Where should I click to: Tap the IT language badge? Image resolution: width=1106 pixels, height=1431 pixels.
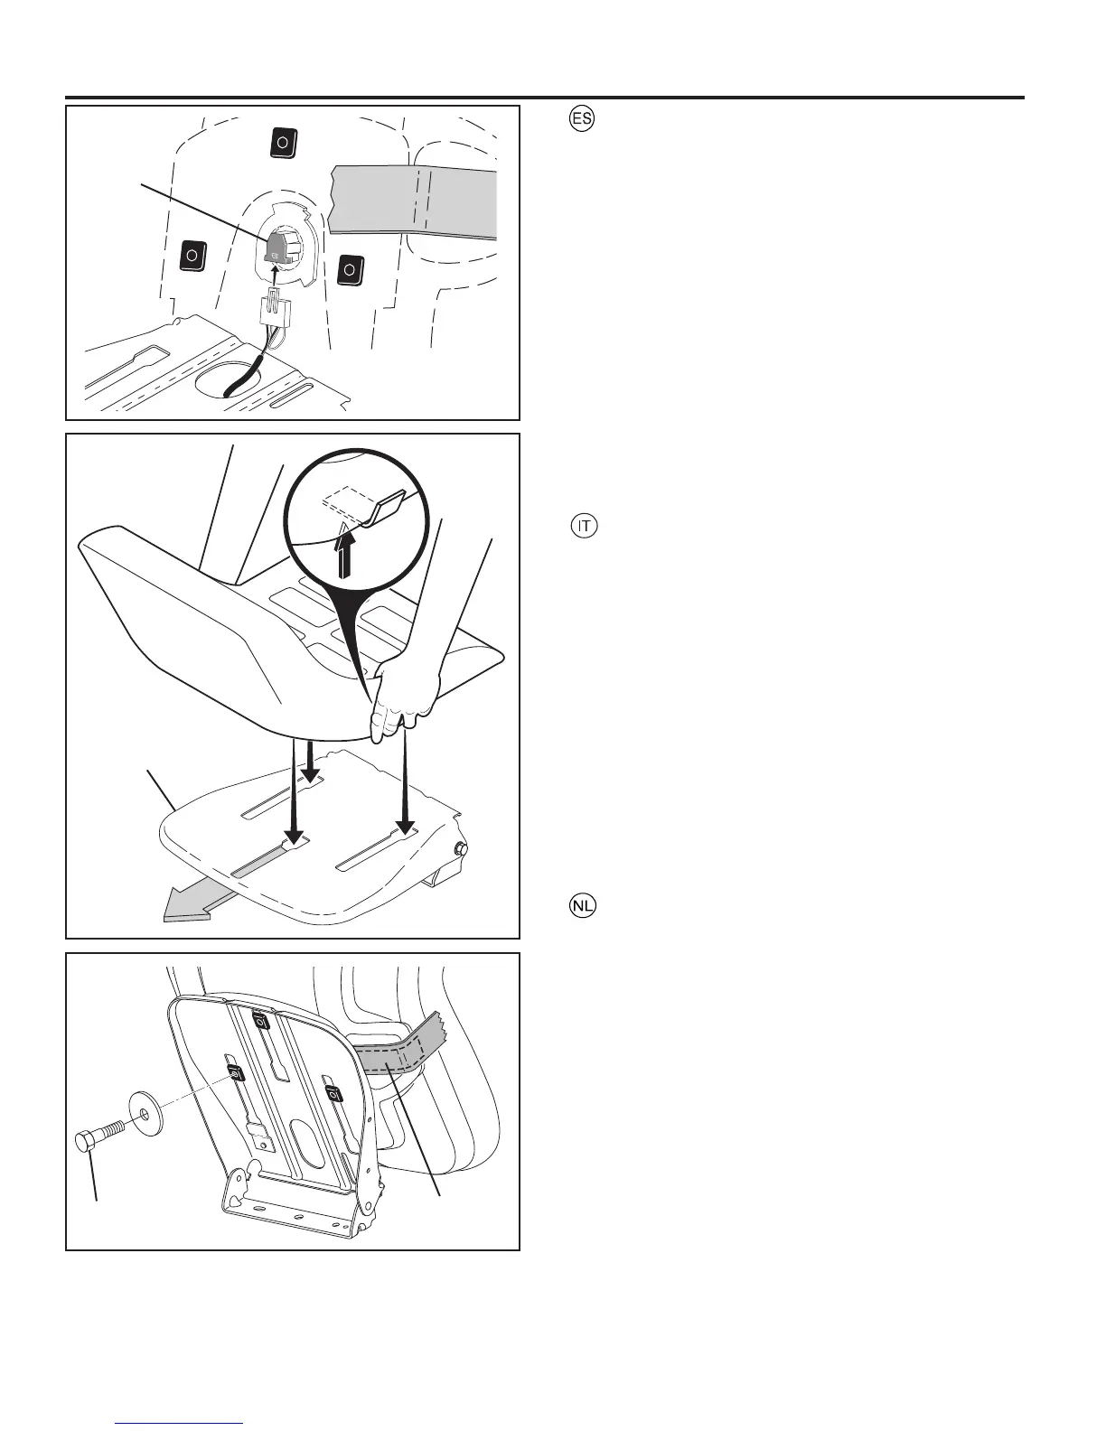tap(586, 527)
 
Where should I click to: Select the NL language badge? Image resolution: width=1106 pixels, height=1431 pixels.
tap(586, 906)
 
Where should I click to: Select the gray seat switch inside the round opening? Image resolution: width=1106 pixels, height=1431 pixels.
tap(277, 244)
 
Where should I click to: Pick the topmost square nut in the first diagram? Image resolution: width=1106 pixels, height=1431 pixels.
tap(283, 142)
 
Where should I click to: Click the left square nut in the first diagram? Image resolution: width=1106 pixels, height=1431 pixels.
tap(192, 256)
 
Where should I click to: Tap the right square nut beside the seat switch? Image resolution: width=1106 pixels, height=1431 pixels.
tap(350, 268)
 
